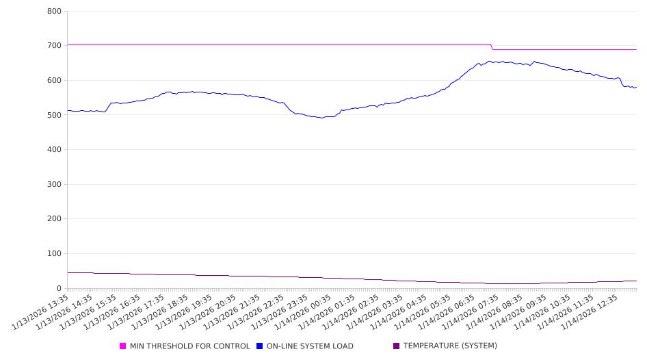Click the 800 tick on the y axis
(55, 12)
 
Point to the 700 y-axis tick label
(55, 46)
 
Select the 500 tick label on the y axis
(55, 115)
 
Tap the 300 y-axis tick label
(55, 185)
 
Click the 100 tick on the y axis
(55, 254)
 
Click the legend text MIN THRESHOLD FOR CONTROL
(189, 346)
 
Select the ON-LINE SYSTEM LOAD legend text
(310, 346)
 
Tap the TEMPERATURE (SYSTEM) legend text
(449, 346)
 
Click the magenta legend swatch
(123, 346)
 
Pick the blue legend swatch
(260, 346)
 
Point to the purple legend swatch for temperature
(396, 346)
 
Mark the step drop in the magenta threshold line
(492, 47)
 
